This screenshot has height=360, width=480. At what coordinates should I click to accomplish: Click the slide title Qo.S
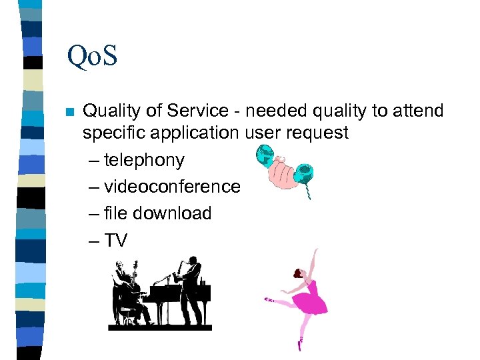click(x=92, y=56)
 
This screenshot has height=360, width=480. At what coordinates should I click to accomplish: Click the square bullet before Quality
click(x=68, y=111)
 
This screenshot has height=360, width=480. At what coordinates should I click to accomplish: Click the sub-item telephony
click(x=144, y=161)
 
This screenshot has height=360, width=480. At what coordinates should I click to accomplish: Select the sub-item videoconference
click(x=171, y=187)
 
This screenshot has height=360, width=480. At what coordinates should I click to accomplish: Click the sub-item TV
click(x=116, y=240)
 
